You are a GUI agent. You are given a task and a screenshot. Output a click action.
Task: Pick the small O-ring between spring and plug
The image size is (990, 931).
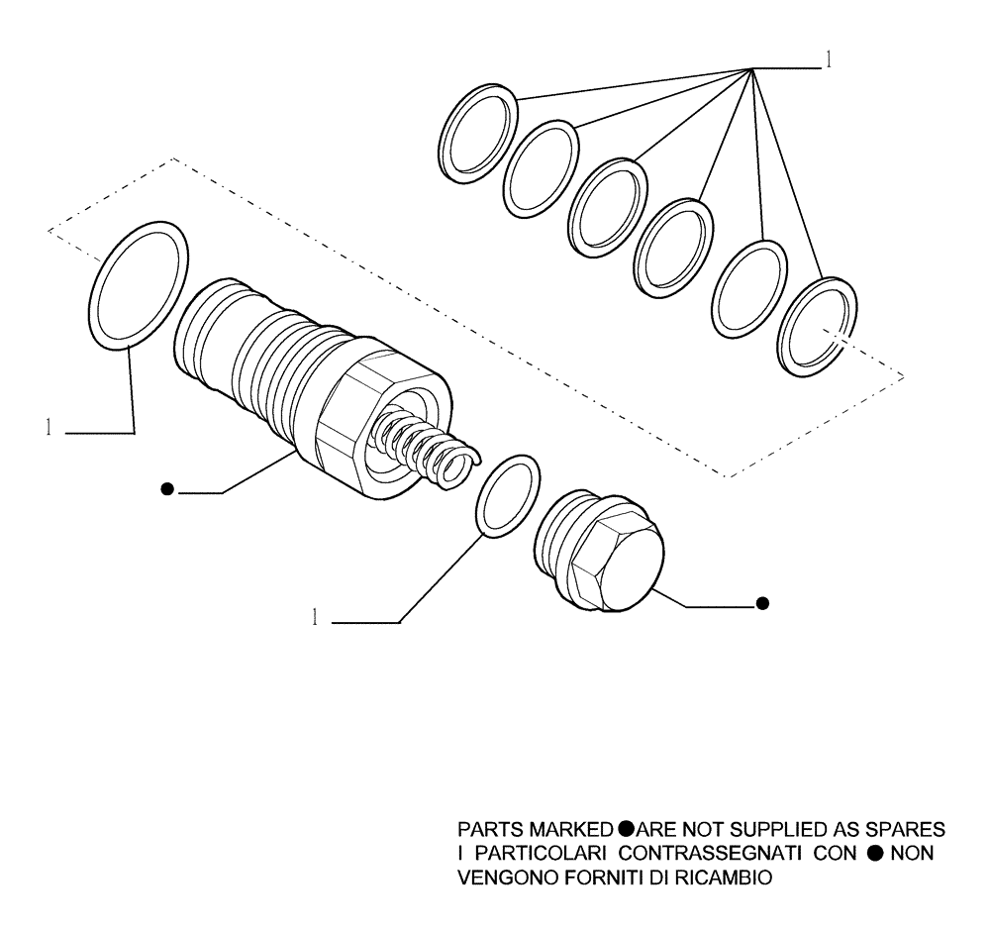(x=509, y=496)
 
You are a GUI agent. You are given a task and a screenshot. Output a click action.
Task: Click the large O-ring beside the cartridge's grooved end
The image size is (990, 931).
(x=139, y=285)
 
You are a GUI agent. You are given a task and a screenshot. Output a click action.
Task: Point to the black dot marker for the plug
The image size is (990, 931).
(x=761, y=603)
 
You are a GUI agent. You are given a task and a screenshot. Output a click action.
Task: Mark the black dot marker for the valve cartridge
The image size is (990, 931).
(x=168, y=488)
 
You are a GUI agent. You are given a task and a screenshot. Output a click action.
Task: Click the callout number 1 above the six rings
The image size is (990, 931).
(x=828, y=61)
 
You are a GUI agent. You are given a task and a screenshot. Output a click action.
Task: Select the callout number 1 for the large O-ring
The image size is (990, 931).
(x=47, y=429)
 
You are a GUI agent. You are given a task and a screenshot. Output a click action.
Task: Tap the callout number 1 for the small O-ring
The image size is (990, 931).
(x=315, y=618)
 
